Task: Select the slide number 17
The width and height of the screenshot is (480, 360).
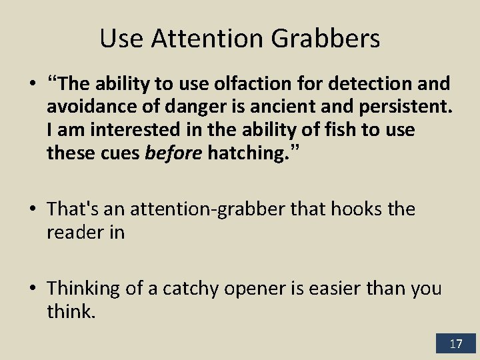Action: (x=456, y=344)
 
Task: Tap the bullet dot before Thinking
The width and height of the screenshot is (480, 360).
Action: (x=33, y=289)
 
